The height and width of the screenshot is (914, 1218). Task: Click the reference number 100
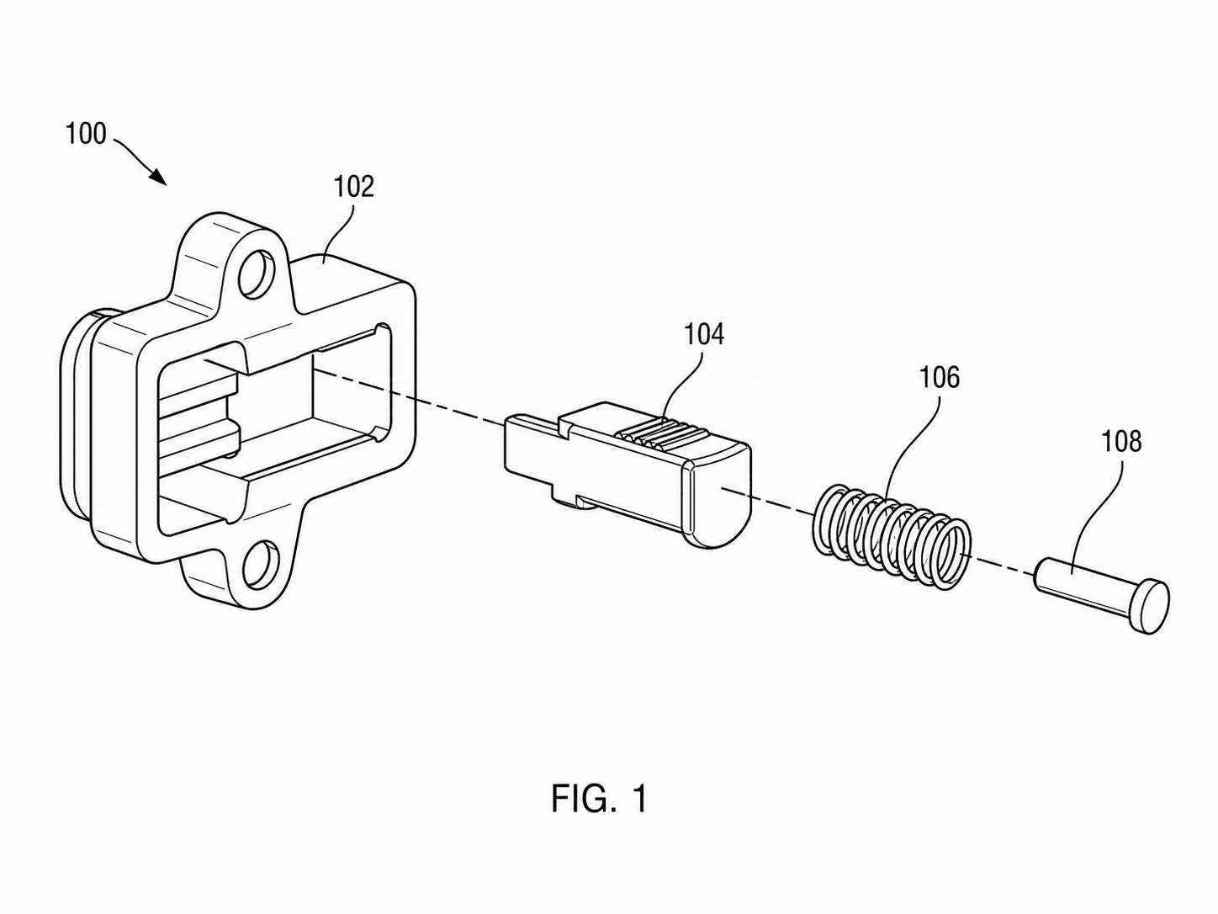86,134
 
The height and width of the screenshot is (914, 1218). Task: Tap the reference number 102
353,187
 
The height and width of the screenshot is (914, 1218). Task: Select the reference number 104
703,335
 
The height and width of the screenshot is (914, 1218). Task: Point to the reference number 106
940,378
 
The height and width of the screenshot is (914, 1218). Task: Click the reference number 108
1121,443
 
